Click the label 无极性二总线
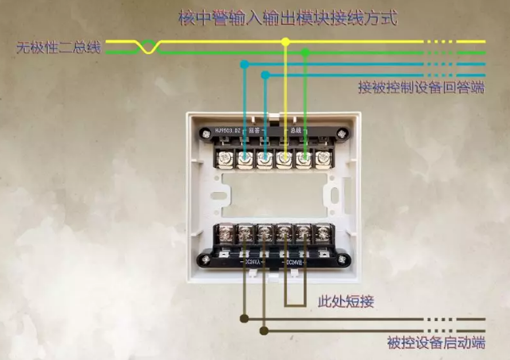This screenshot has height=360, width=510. tap(59, 48)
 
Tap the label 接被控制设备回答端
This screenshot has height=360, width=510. tap(422, 88)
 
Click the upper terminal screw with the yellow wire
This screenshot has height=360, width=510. tap(284, 159)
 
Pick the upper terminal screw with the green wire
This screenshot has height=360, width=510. tap(304, 159)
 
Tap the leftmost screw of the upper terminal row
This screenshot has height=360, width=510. tap(225, 159)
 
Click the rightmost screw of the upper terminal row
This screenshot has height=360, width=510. tap(323, 159)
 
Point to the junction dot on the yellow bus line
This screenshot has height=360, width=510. tap(285, 41)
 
